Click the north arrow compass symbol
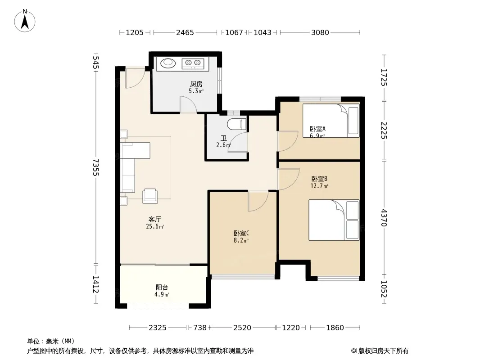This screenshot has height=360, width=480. tap(25, 21)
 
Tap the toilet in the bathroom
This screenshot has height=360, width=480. tap(237, 124)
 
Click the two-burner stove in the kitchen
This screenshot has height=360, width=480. tap(193, 63)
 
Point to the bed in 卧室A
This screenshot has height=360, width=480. tap(331, 121)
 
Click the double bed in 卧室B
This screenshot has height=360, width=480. tap(334, 220)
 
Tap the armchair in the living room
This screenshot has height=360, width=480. tap(150, 196)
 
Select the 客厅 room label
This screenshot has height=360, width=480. tap(155, 219)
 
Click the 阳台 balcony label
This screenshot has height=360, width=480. tap(162, 287)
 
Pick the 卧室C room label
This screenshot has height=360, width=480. tap(241, 234)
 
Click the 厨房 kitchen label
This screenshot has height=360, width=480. tap(196, 84)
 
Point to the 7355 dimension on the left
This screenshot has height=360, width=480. tap(96, 167)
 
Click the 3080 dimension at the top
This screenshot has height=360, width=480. tap(320, 32)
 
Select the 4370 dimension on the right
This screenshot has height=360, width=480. tap(384, 218)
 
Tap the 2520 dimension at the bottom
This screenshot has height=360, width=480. tap(242, 328)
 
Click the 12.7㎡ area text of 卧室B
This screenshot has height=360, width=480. tap(319, 186)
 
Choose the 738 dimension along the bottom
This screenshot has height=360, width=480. tap(200, 328)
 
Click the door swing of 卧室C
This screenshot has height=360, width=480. tap(258, 201)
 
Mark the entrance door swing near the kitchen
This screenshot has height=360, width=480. tap(135, 79)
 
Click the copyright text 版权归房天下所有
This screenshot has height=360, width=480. tap(383, 351)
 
